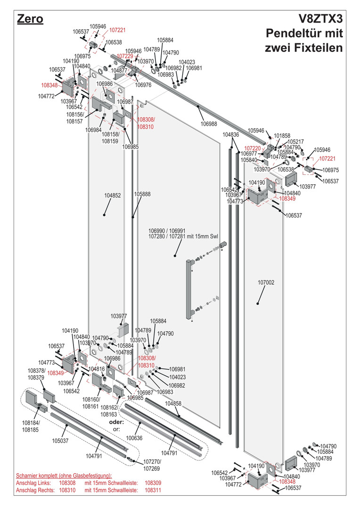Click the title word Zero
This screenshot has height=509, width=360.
pyautogui.click(x=30, y=19)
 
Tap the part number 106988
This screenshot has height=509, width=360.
pyautogui.click(x=209, y=123)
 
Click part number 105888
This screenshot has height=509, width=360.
pyautogui.click(x=142, y=194)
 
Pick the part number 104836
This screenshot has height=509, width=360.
pyautogui.click(x=231, y=135)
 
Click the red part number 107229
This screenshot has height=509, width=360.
pyautogui.click(x=125, y=56)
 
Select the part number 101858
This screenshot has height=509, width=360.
pyautogui.click(x=282, y=135)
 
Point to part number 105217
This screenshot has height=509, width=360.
pyautogui.click(x=295, y=141)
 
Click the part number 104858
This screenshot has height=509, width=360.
pyautogui.click(x=173, y=404)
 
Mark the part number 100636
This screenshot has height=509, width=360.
pyautogui.click(x=135, y=438)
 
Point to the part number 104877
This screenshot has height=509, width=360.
pyautogui.click(x=119, y=70)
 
